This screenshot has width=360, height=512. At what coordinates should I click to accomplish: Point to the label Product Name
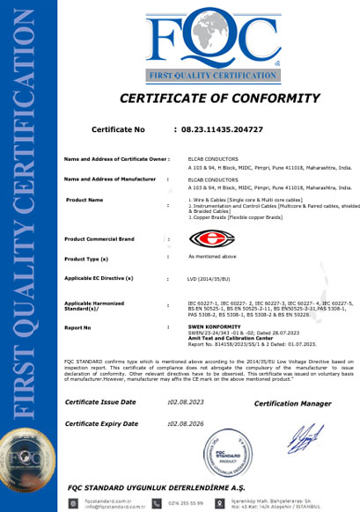(84, 200)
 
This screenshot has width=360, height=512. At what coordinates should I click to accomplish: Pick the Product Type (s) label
(86, 260)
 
